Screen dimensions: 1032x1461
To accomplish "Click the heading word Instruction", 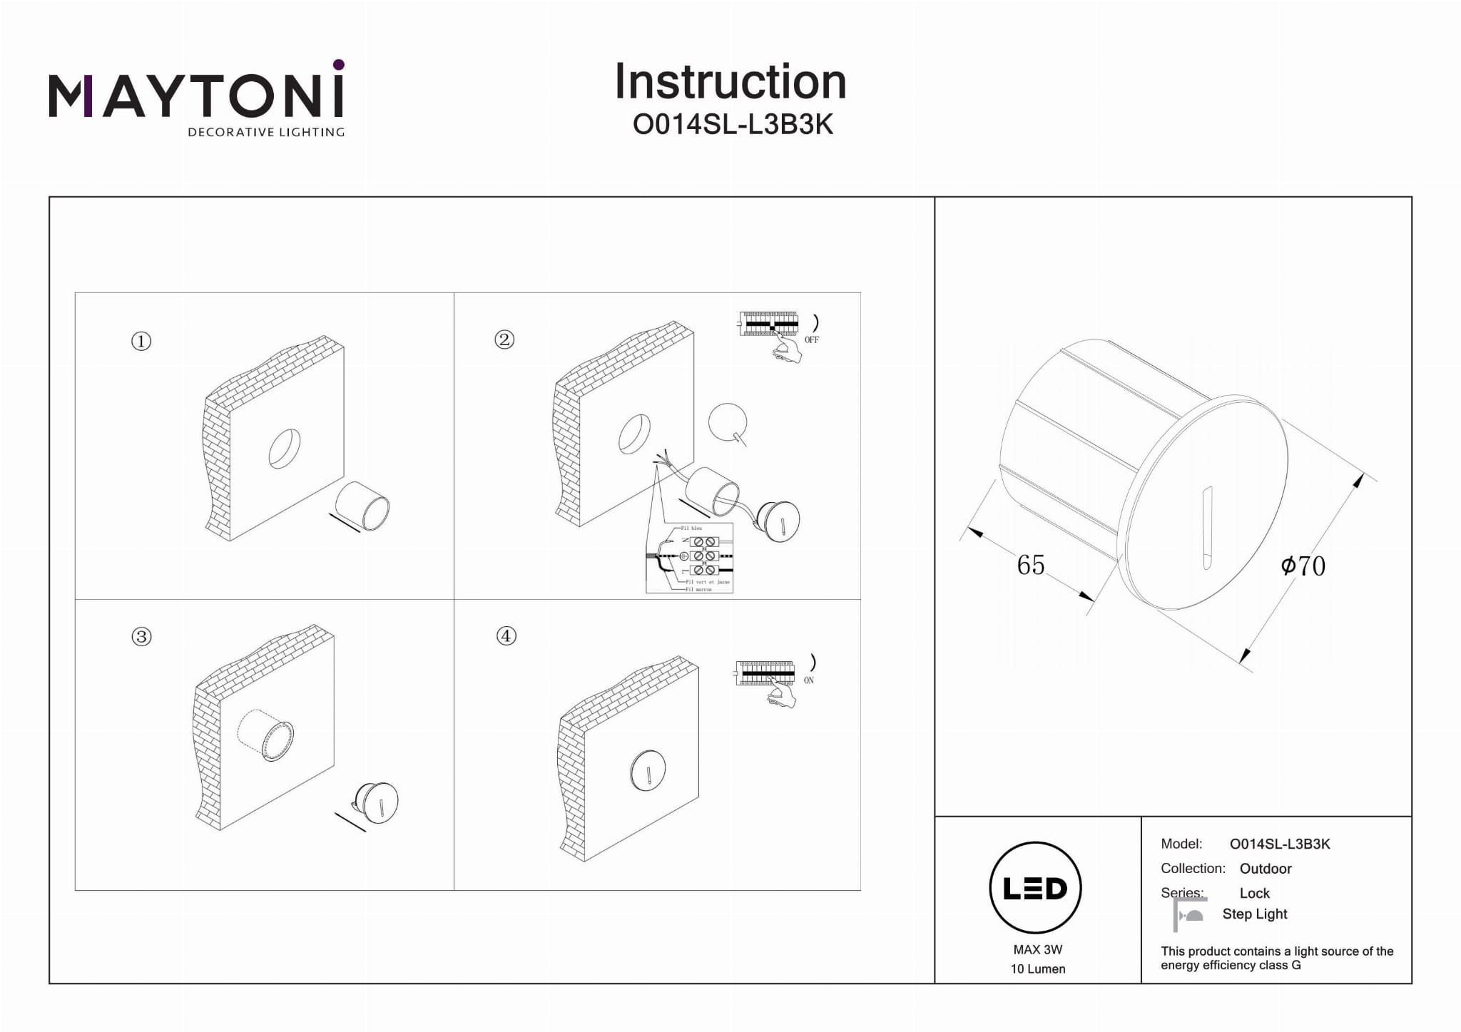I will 730,82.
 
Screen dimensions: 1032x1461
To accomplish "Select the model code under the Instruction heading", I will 733,125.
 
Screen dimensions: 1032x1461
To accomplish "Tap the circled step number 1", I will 141,342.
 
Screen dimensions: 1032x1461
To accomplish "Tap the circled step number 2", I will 504,339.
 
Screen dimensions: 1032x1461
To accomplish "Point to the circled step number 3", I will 141,637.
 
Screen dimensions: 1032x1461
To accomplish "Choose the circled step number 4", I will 506,635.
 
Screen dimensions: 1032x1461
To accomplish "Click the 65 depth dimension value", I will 1030,565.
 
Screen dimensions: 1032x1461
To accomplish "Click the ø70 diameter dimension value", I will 1303,566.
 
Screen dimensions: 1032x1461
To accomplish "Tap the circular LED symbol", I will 1035,888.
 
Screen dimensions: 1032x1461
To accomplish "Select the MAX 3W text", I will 1037,949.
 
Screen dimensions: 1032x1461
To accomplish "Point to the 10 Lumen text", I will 1037,969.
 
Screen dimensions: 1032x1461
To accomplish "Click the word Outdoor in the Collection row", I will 1266,869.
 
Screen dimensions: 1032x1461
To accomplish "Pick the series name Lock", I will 1254,893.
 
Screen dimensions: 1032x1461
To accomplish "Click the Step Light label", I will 1254,914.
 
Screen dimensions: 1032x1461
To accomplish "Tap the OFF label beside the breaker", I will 812,340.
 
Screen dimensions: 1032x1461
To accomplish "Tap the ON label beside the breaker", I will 809,680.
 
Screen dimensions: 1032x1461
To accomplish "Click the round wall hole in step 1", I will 284,449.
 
